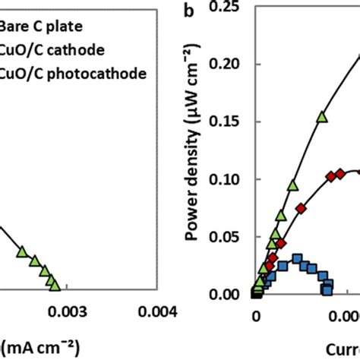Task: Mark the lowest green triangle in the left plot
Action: [x=52, y=284]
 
